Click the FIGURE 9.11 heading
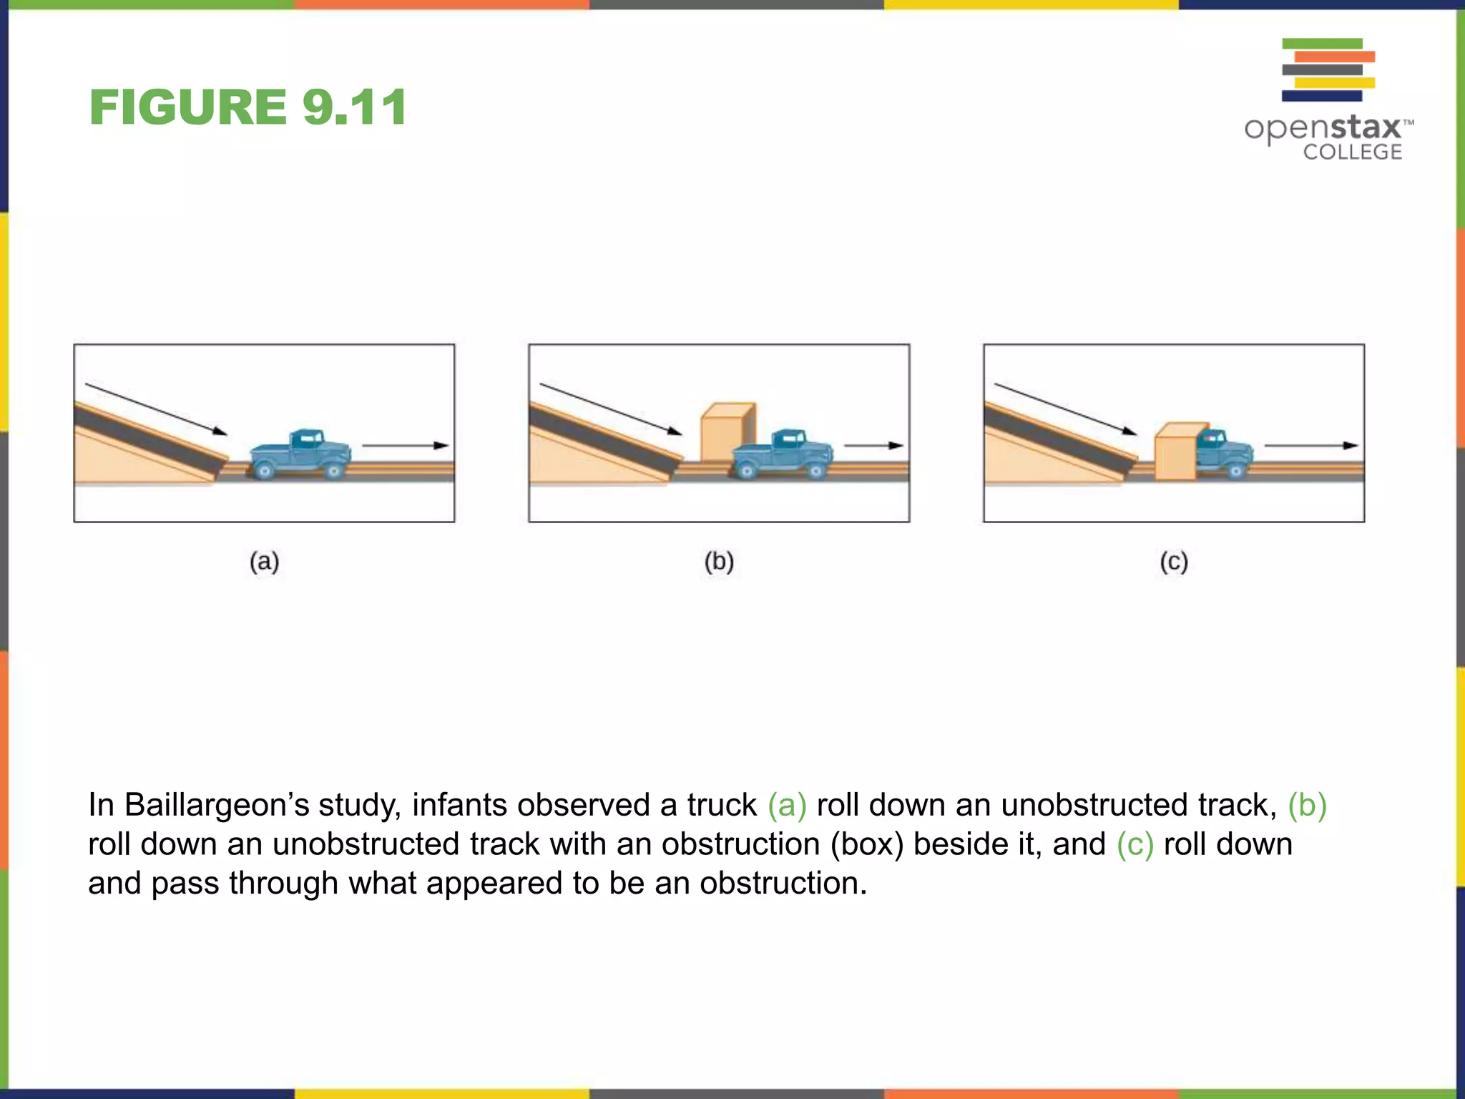(x=248, y=107)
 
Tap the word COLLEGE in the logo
(x=1352, y=152)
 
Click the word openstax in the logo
(x=1323, y=129)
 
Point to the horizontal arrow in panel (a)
(x=405, y=446)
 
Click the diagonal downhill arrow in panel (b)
(x=611, y=409)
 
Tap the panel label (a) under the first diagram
(x=264, y=562)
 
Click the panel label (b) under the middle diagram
(x=719, y=562)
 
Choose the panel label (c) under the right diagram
(x=1174, y=562)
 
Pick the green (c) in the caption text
(x=1135, y=844)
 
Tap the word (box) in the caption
(x=867, y=844)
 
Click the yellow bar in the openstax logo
(x=1335, y=83)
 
